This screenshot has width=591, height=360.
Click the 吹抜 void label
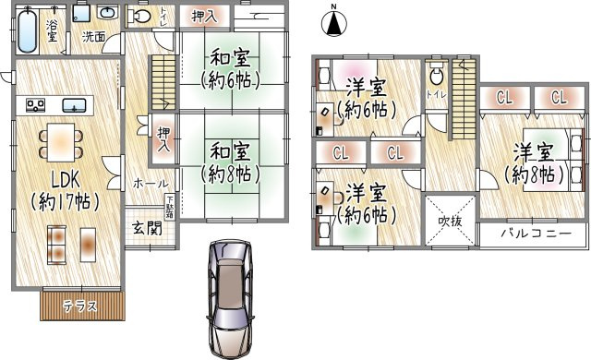pyautogui.click(x=450, y=222)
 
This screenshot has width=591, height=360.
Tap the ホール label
pyautogui.click(x=149, y=184)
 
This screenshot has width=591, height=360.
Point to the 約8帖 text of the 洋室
pyautogui.click(x=534, y=173)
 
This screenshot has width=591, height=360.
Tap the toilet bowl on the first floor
pyautogui.click(x=141, y=18)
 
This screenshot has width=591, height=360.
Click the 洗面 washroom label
pyautogui.click(x=92, y=38)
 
